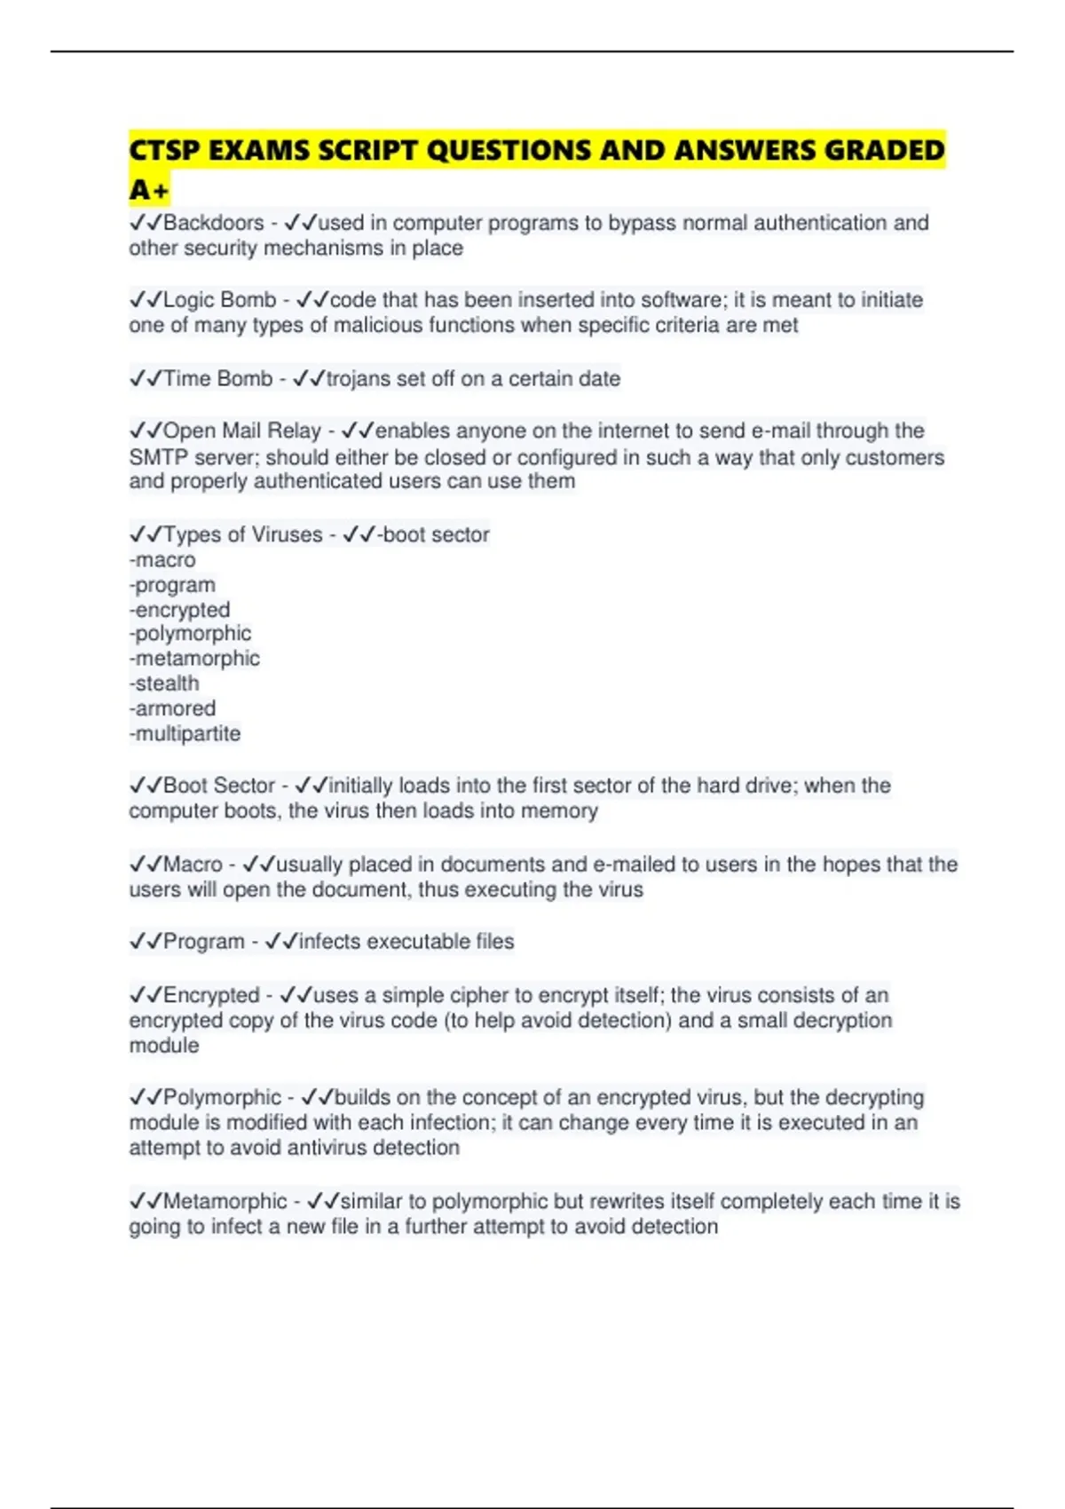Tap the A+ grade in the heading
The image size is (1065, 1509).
pyautogui.click(x=148, y=190)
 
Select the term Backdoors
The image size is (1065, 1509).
pyautogui.click(x=214, y=223)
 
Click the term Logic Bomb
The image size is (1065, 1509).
pyautogui.click(x=219, y=300)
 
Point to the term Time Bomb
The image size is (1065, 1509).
pyautogui.click(x=217, y=379)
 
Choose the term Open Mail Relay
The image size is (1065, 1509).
pyautogui.click(x=241, y=431)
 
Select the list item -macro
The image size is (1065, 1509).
pyautogui.click(x=162, y=560)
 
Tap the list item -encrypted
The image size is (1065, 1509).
pyautogui.click(x=179, y=610)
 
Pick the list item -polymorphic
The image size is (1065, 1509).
pyautogui.click(x=190, y=634)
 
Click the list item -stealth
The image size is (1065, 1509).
pyautogui.click(x=164, y=683)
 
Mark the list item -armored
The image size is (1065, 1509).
pyautogui.click(x=172, y=708)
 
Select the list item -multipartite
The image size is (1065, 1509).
pyautogui.click(x=185, y=734)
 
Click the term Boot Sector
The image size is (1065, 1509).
pyautogui.click(x=219, y=786)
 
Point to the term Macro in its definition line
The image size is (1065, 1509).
pyautogui.click(x=193, y=865)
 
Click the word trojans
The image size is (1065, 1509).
pyautogui.click(x=359, y=379)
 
